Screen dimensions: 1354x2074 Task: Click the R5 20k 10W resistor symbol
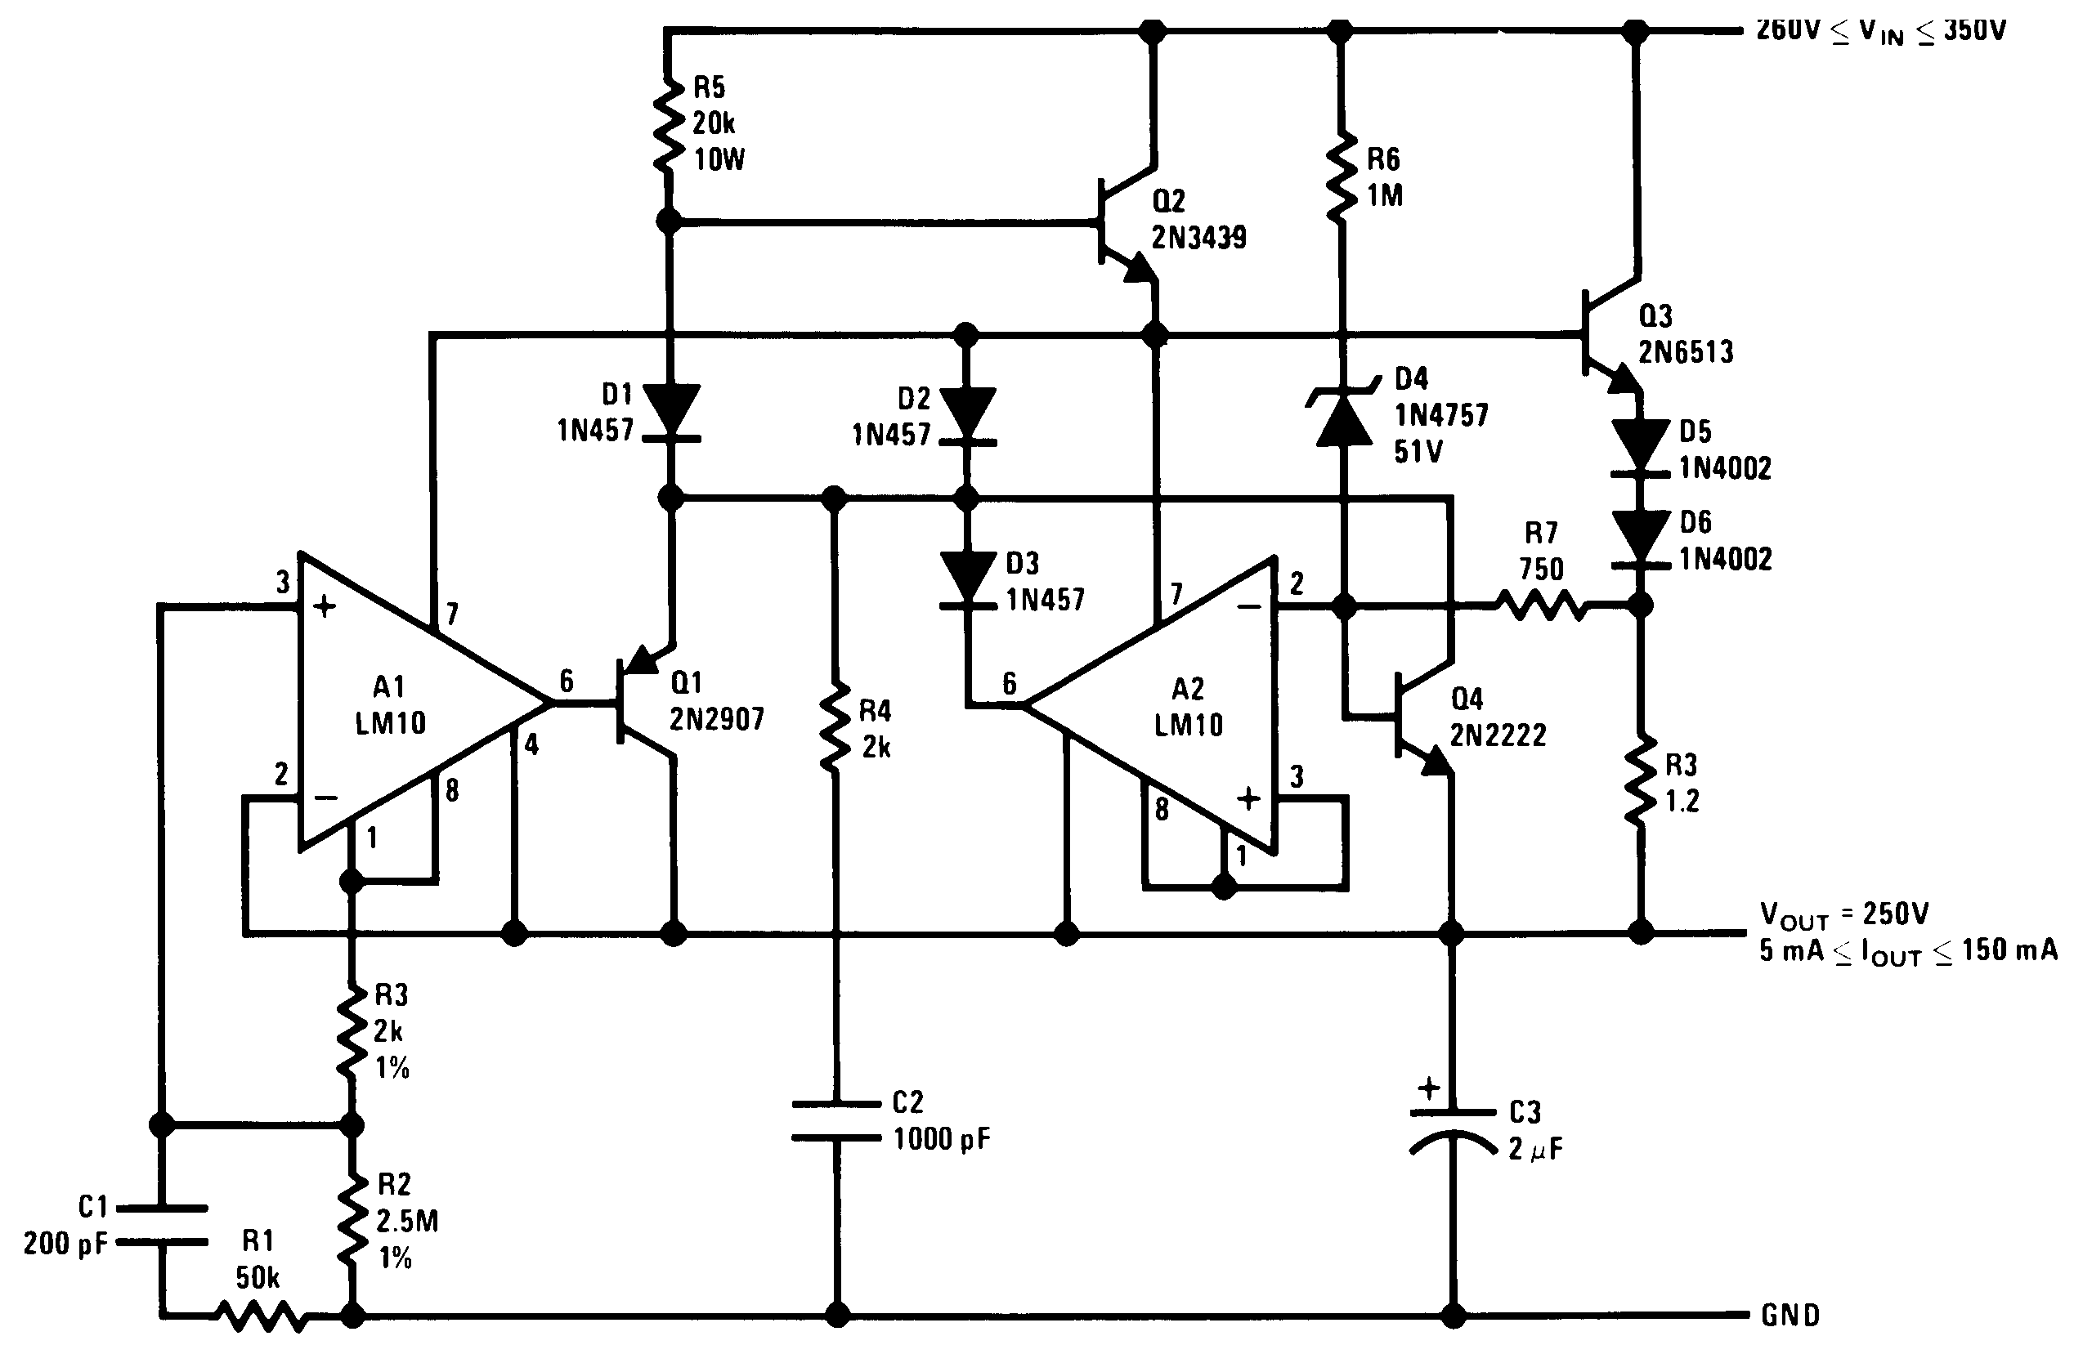pos(669,127)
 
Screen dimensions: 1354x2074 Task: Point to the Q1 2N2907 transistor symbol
pos(643,701)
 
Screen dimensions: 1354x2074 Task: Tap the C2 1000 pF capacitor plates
pos(835,1120)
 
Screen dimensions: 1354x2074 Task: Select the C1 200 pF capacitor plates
pos(161,1224)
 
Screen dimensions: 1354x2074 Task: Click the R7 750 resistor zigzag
pos(1541,604)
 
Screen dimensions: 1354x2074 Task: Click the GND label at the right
pos(1790,1315)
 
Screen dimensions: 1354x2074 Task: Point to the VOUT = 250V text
pos(1844,914)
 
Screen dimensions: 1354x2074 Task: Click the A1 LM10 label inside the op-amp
pos(389,704)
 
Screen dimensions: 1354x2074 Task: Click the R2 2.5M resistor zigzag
pos(352,1220)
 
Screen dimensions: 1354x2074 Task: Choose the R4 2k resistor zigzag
pos(835,727)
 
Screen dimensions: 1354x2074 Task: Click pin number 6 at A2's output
pos(1009,682)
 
